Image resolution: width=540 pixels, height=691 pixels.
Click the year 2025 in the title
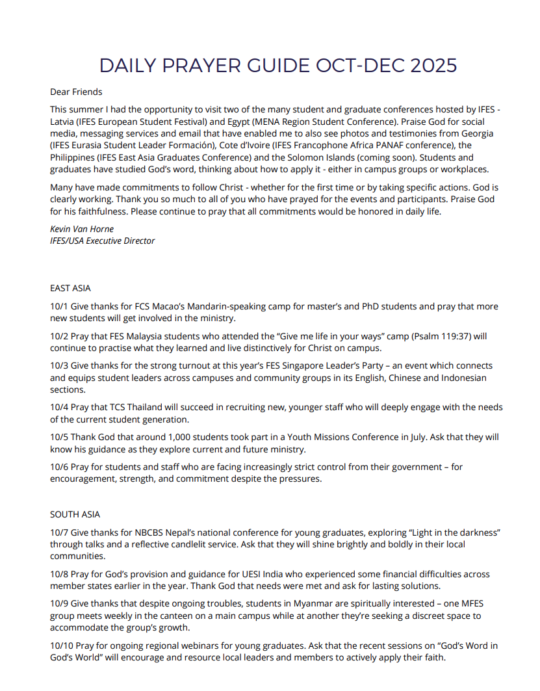coord(430,66)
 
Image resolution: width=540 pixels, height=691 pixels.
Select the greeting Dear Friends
coord(76,92)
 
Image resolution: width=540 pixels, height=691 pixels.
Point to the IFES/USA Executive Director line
coord(103,241)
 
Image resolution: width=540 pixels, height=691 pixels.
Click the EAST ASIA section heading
coord(71,288)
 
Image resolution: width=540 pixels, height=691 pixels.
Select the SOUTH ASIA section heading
coord(75,514)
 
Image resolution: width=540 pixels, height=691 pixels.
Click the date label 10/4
coord(59,408)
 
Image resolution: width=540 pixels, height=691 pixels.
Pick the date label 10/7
coord(59,532)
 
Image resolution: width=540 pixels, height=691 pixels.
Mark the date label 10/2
coord(59,337)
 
